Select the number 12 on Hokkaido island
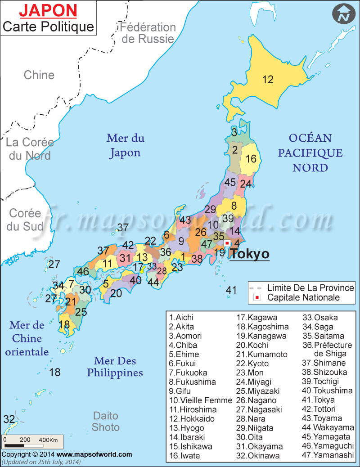(268, 80)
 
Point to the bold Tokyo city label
(250, 254)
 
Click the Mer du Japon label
(125, 145)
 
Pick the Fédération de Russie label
(148, 33)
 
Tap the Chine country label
(39, 75)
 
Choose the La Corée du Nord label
(29, 149)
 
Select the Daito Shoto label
(106, 421)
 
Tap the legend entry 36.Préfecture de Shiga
(328, 349)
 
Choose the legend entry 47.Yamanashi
(328, 455)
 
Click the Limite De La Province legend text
(310, 287)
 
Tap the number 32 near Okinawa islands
(9, 419)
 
